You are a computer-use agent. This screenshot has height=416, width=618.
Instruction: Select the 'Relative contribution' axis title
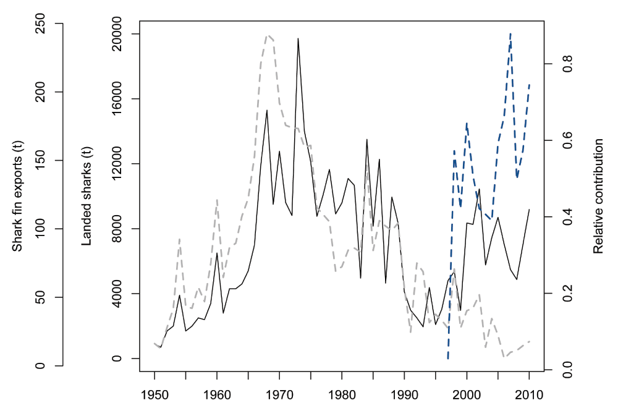coord(598,196)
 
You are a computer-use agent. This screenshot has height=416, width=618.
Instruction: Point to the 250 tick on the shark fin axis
coord(40,23)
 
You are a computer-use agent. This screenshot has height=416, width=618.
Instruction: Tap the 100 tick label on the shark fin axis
coord(40,229)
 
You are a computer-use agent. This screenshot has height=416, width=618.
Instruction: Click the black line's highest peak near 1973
coord(298,38)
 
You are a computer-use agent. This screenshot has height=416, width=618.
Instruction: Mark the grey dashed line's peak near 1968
coord(267,36)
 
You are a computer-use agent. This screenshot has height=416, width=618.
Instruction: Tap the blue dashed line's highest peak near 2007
coord(510,33)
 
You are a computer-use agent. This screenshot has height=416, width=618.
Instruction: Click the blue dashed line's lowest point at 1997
coord(448,358)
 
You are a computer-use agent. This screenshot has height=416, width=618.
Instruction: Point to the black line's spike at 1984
coord(366,140)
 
